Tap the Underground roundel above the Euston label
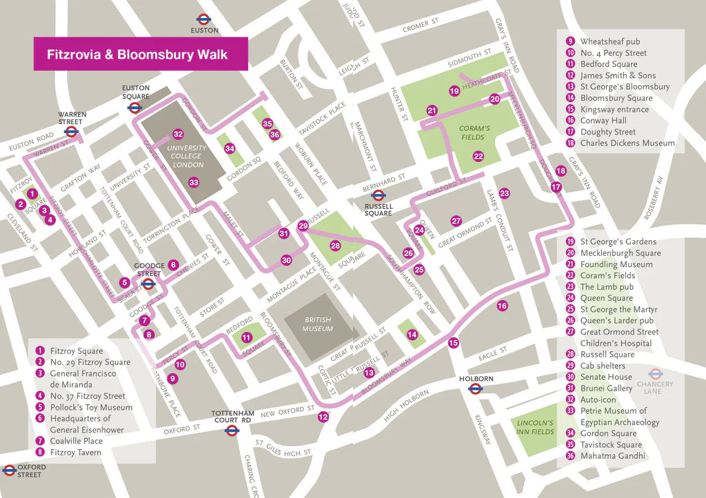pos(204,19)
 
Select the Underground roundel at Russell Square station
pos(378,195)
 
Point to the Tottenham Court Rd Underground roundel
pos(232,430)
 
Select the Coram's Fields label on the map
pos(474,132)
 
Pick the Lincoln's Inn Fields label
pos(535,427)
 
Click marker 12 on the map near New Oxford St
pos(323,417)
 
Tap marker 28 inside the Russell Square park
pos(335,246)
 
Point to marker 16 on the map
pos(502,306)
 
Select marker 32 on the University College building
pos(178,134)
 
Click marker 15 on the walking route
pos(453,343)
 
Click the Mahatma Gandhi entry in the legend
pos(612,456)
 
